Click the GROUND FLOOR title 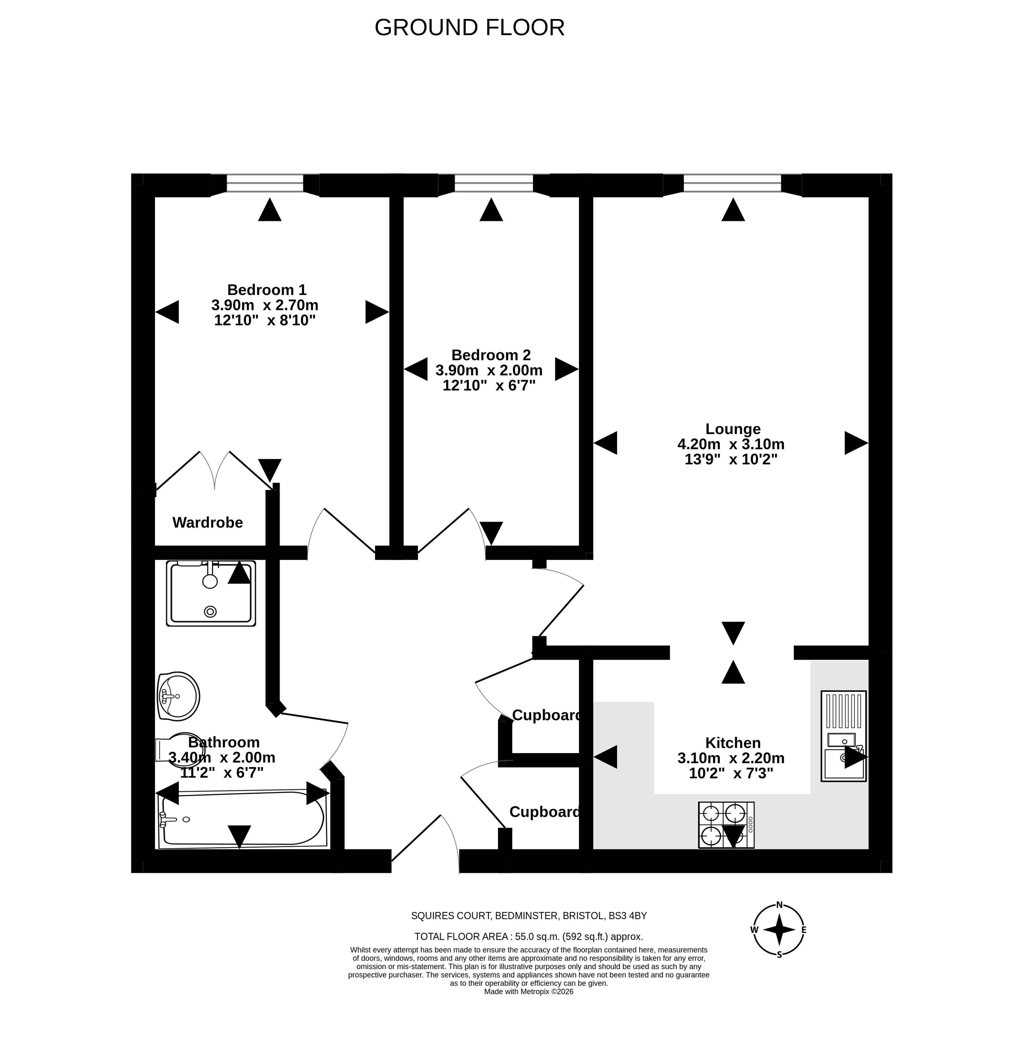tap(469, 27)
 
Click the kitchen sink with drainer tap(843, 736)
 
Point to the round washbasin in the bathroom tap(179, 696)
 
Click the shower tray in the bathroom tap(211, 593)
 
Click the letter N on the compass tap(779, 904)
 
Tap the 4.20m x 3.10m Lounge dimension tap(731, 444)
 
